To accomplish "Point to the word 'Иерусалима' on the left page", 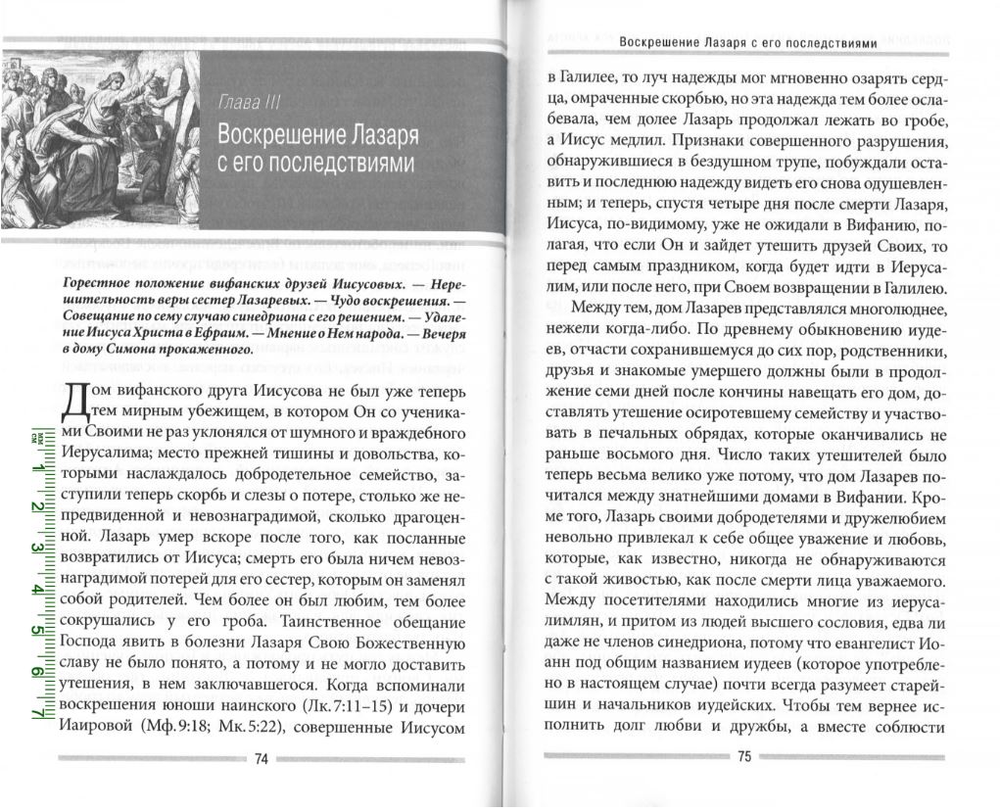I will tap(105, 455).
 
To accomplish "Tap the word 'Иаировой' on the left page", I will tap(94, 729).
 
